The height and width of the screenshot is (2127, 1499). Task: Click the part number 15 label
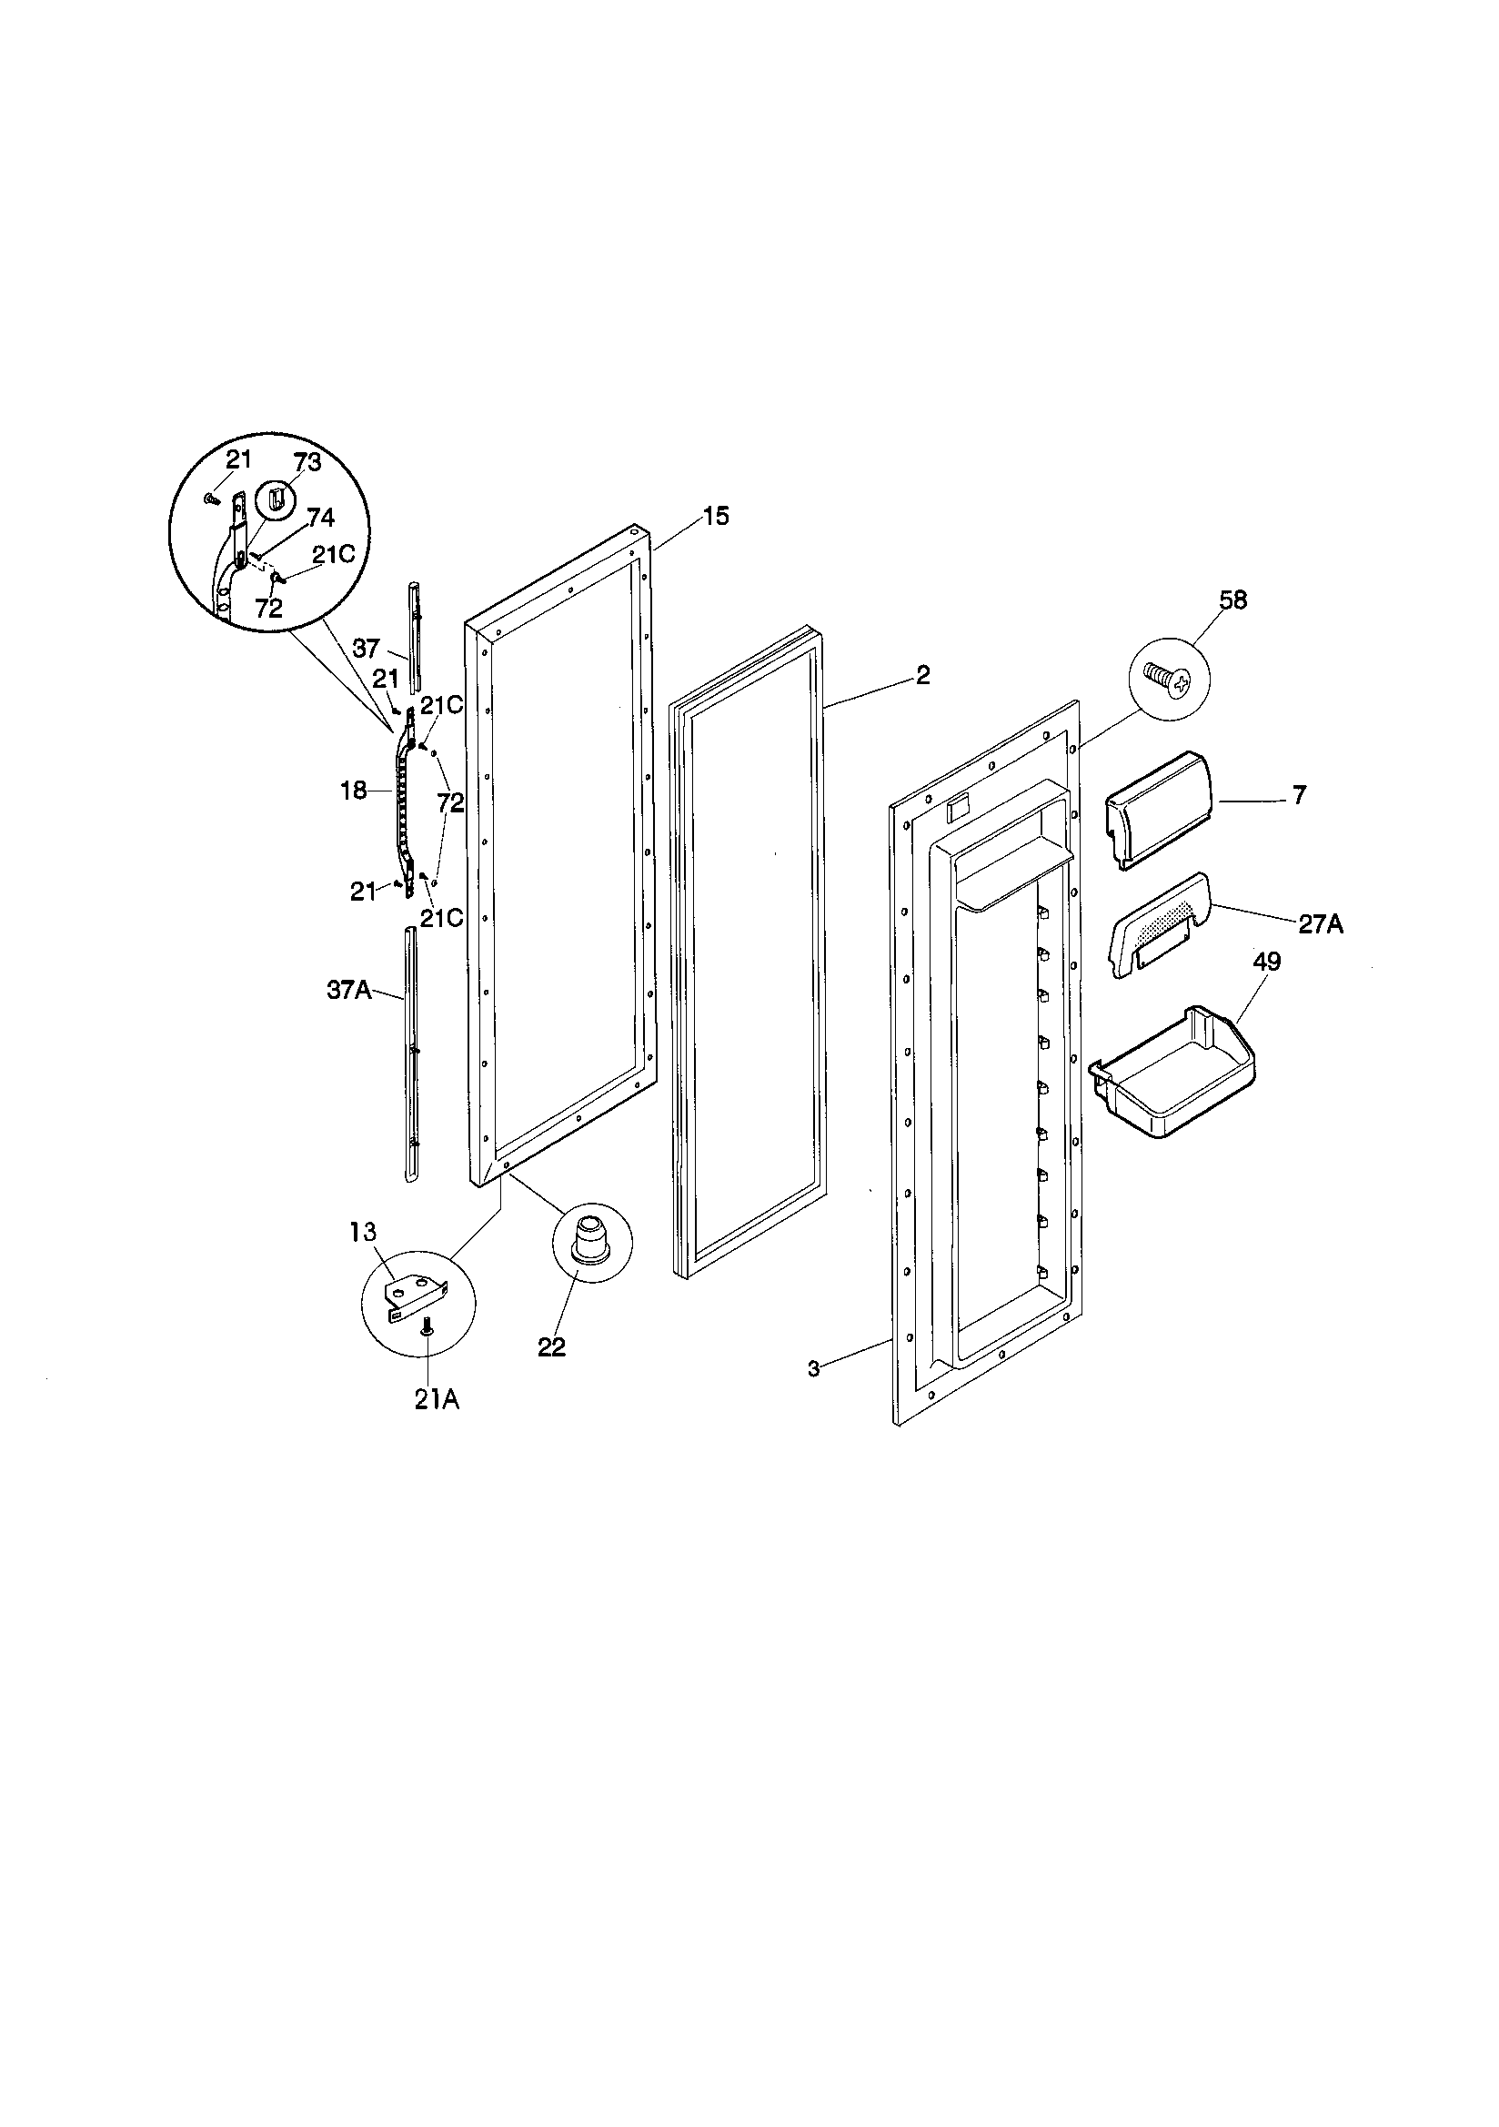coord(716,517)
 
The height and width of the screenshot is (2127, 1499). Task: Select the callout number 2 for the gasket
coord(921,675)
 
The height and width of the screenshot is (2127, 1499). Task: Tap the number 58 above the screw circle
coord(1232,600)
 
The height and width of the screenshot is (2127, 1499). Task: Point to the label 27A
coord(1320,923)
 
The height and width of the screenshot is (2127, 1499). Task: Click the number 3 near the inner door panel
coord(813,1369)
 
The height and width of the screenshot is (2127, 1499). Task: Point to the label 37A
coord(349,991)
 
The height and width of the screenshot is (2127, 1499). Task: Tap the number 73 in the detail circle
coord(307,462)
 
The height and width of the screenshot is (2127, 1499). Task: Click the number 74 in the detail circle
coord(319,517)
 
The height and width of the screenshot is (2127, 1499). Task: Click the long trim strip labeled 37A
coord(411,1056)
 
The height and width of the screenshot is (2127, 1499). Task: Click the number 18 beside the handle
coord(354,791)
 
